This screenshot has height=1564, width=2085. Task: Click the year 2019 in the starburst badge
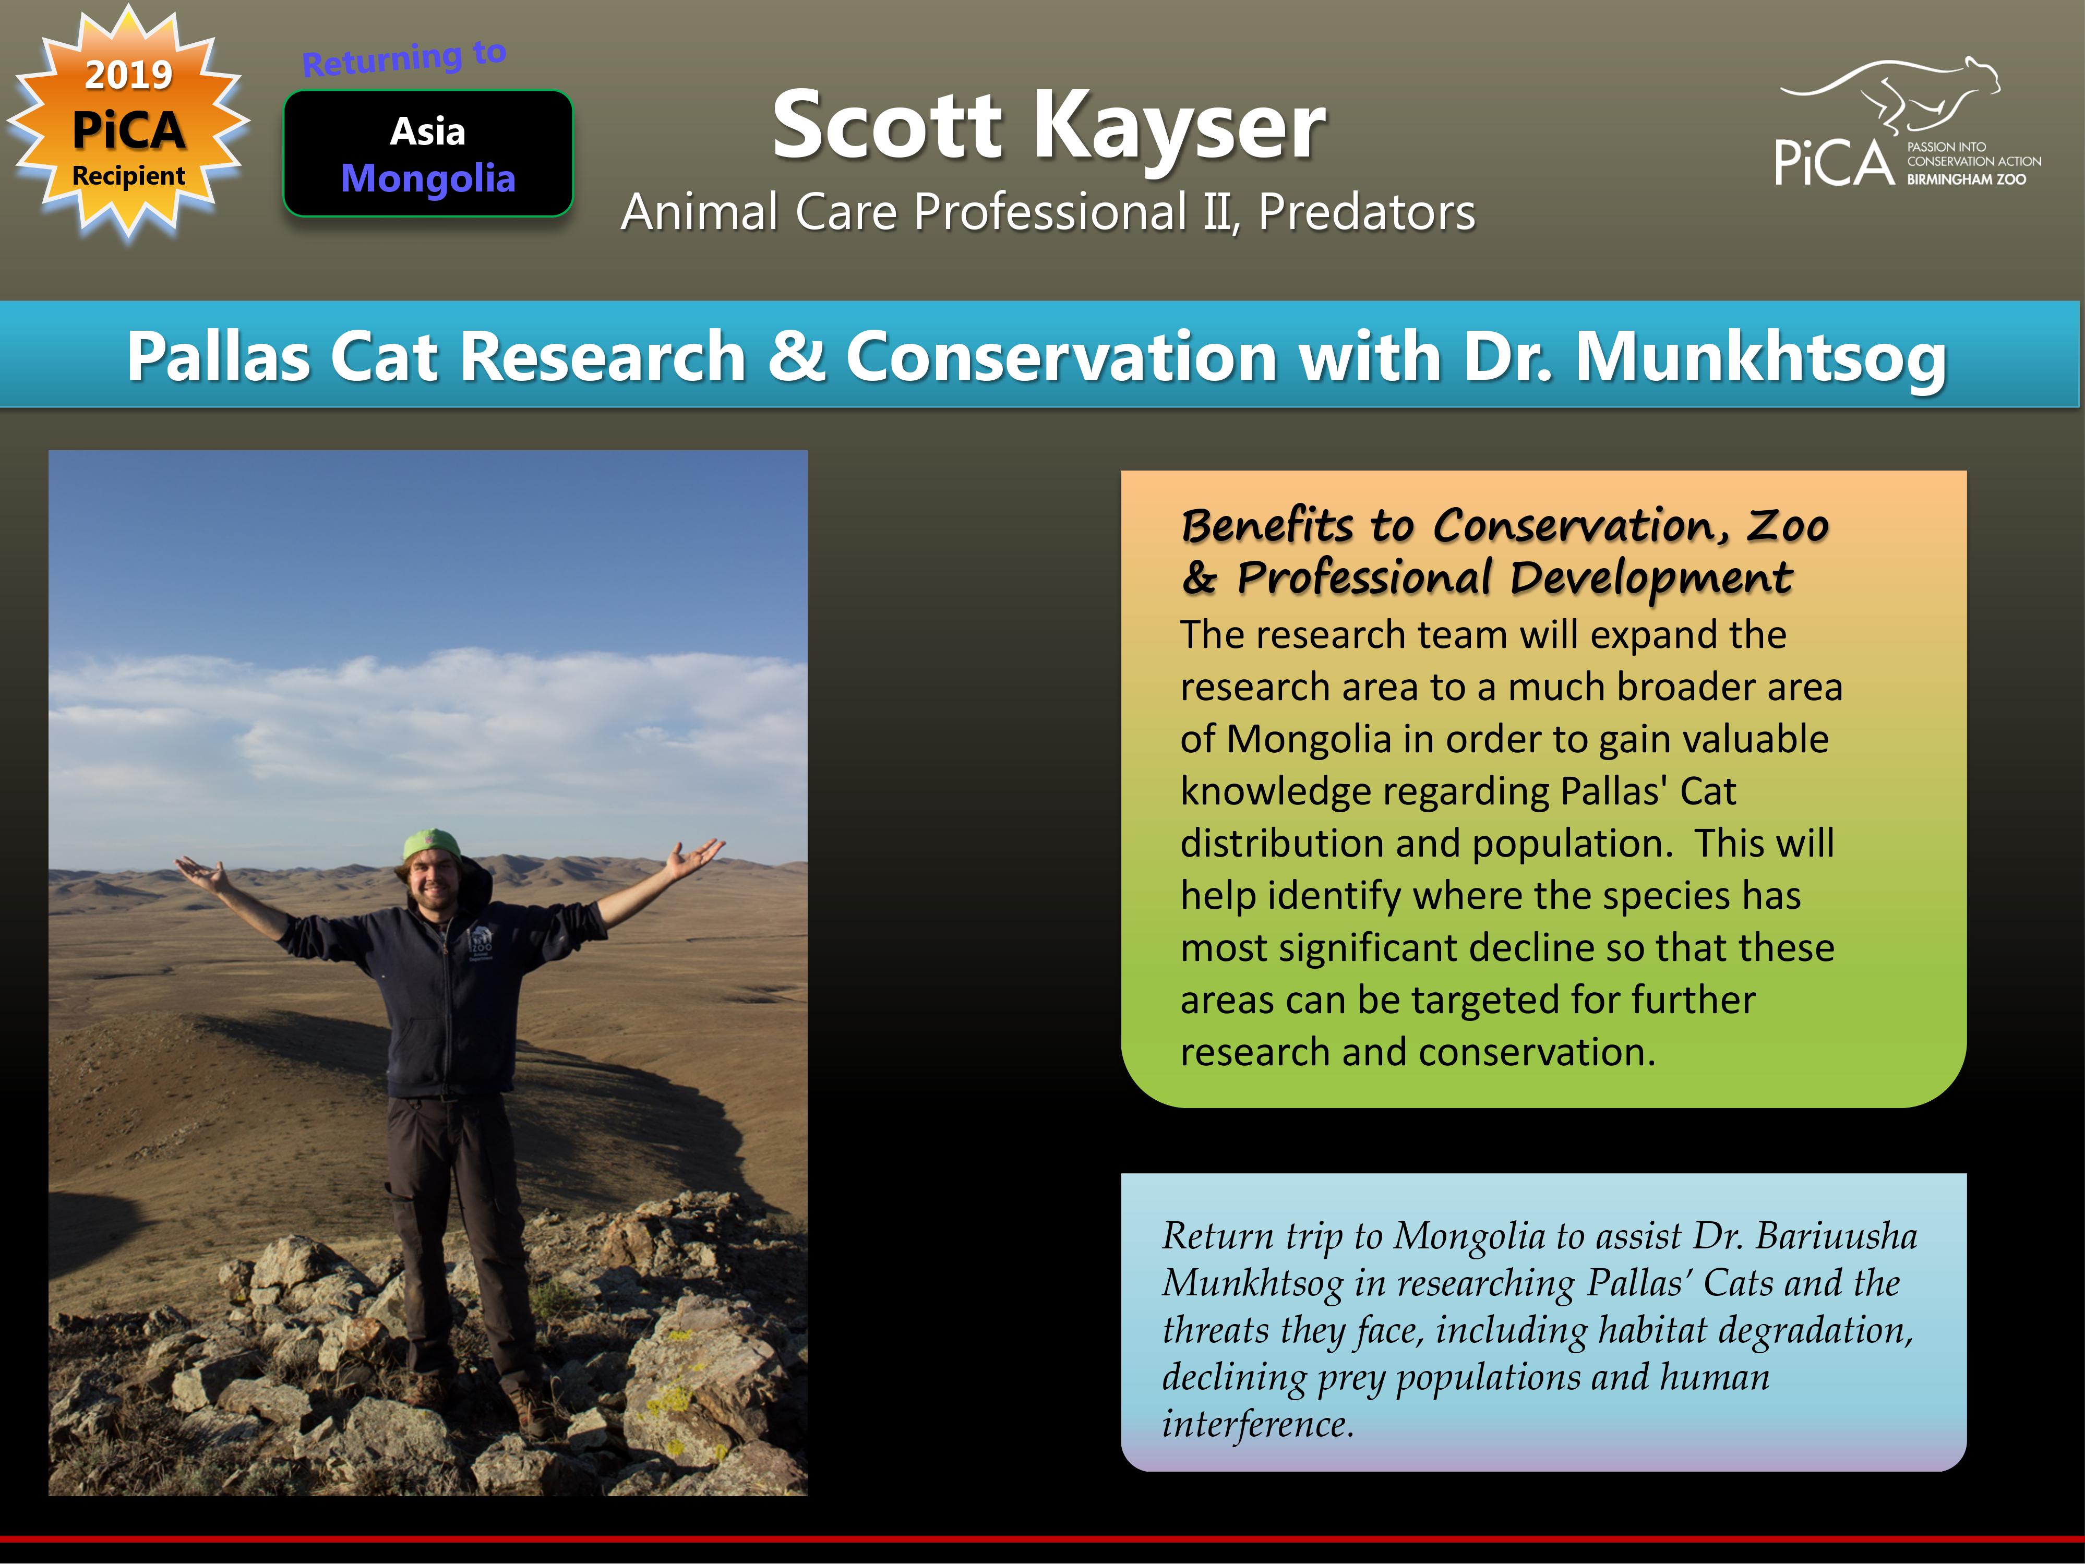tap(129, 75)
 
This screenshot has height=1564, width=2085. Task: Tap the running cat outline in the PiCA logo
tap(1890, 94)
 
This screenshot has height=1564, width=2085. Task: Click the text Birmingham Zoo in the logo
tap(1967, 179)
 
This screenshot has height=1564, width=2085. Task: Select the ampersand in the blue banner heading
tap(797, 356)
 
